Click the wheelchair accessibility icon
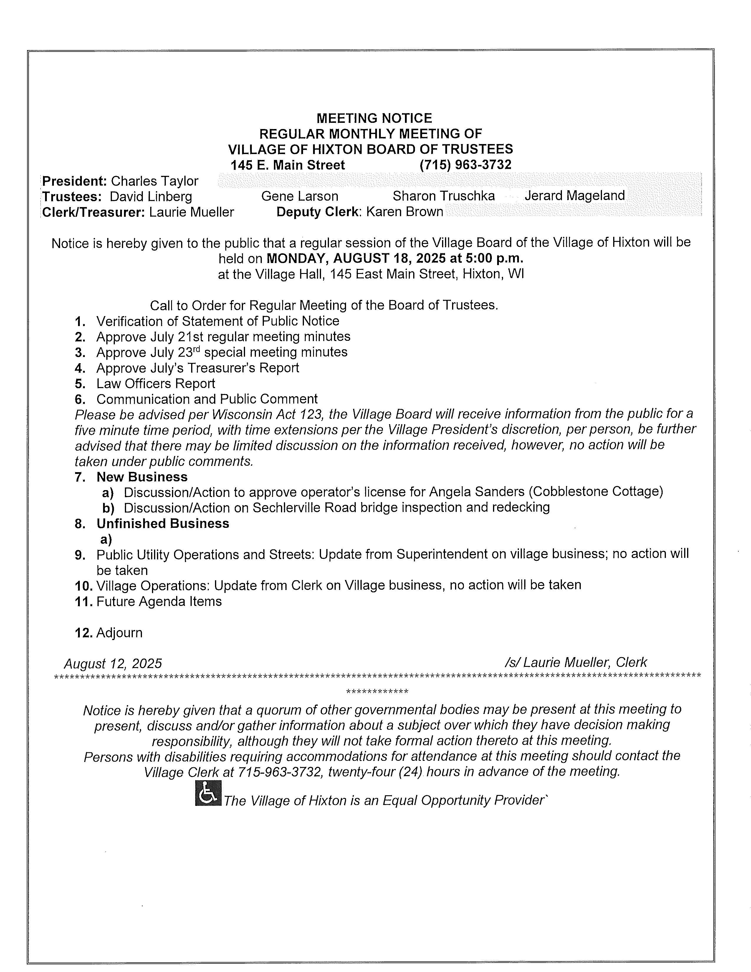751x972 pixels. (208, 793)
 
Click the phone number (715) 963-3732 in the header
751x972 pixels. (465, 165)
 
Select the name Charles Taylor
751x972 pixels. (154, 181)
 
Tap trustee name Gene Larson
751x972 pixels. (300, 196)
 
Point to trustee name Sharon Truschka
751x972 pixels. (443, 196)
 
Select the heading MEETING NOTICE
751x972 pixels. (374, 118)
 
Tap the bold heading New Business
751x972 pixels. (142, 477)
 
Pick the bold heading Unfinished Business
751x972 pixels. (163, 523)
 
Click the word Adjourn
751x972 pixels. (119, 633)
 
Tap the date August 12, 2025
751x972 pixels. (113, 664)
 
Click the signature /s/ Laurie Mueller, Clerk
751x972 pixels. (576, 663)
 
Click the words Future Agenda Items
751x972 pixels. (159, 602)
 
